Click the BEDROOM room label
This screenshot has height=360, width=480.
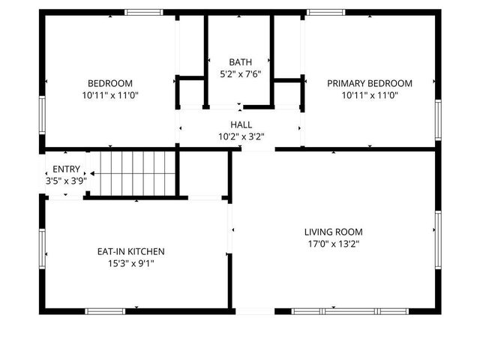110,83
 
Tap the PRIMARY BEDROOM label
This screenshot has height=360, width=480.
370,83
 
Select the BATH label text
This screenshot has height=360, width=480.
241,62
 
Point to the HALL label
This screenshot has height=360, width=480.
241,124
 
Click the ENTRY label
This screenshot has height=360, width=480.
66,169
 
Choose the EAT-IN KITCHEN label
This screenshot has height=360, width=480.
130,251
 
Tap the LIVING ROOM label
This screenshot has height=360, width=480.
334,232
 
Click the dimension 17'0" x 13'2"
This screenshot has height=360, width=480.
334,244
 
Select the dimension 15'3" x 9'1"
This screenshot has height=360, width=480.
130,263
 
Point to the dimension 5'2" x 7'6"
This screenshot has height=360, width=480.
241,74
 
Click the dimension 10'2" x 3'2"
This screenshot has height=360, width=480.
241,136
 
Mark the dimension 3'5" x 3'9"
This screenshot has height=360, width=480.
66,180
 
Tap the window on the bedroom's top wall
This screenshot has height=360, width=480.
143,12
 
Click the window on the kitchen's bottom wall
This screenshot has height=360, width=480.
105,310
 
